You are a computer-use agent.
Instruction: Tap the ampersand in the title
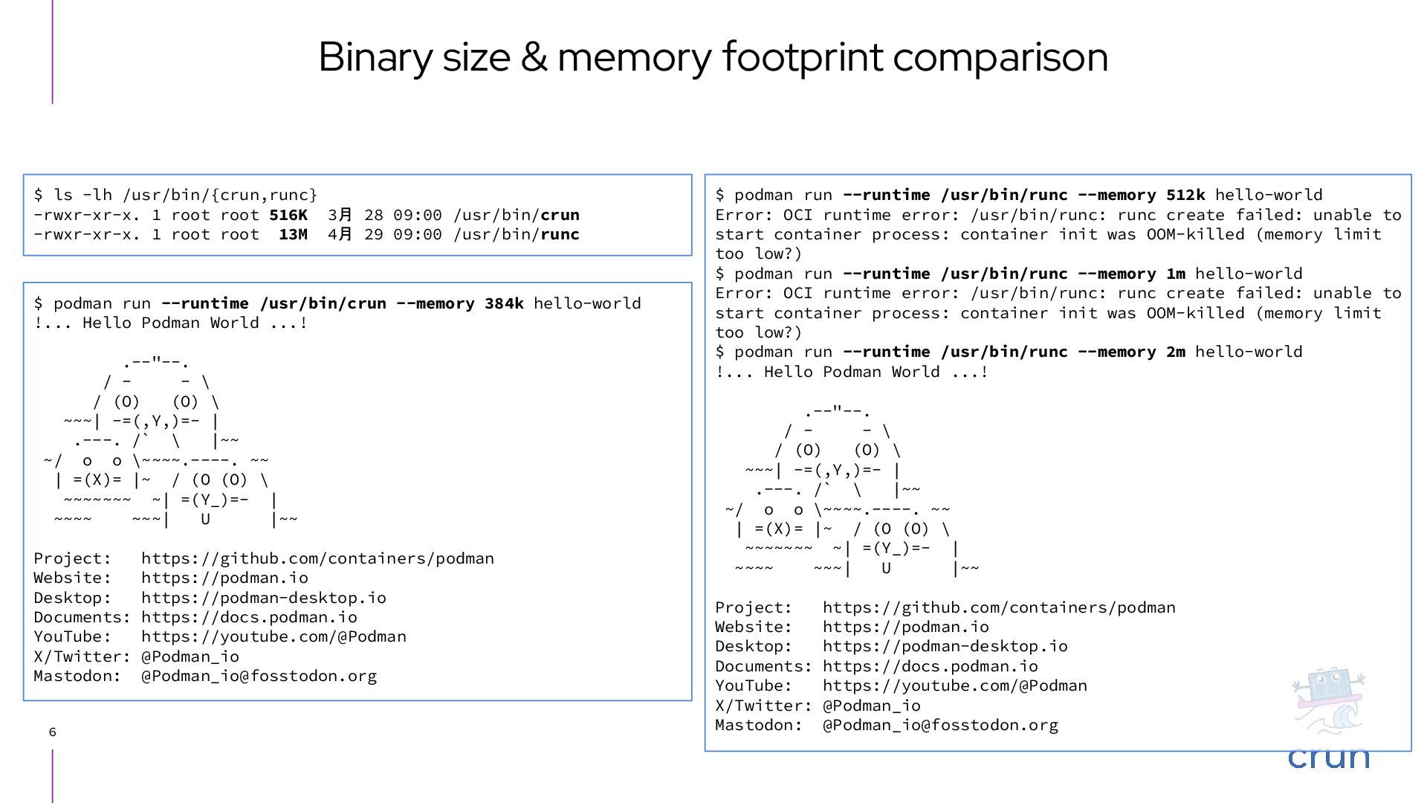pyautogui.click(x=533, y=57)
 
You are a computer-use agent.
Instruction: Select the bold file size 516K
pyautogui.click(x=288, y=215)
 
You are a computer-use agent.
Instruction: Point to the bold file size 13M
pyautogui.click(x=293, y=234)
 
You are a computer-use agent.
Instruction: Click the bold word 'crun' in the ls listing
pyautogui.click(x=560, y=215)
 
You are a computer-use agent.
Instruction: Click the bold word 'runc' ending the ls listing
pyautogui.click(x=560, y=234)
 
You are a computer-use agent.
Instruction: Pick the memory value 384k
pyautogui.click(x=504, y=303)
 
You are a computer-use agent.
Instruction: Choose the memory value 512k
pyautogui.click(x=1185, y=195)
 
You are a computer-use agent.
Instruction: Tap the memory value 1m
pyautogui.click(x=1176, y=274)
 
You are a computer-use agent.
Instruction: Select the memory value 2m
pyautogui.click(x=1176, y=352)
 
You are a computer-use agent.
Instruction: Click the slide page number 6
pyautogui.click(x=52, y=732)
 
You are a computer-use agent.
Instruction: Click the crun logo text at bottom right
pyautogui.click(x=1328, y=757)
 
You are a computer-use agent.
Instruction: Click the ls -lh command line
pyautogui.click(x=175, y=195)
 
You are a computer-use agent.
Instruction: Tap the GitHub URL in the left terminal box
pyautogui.click(x=317, y=558)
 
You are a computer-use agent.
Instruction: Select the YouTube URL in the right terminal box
pyautogui.click(x=954, y=686)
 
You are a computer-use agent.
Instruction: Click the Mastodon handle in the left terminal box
pyautogui.click(x=259, y=676)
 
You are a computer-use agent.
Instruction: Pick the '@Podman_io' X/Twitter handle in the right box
pyautogui.click(x=871, y=706)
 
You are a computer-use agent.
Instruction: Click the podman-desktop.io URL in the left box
pyautogui.click(x=263, y=598)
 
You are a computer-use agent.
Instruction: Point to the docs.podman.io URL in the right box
pyautogui.click(x=930, y=666)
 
